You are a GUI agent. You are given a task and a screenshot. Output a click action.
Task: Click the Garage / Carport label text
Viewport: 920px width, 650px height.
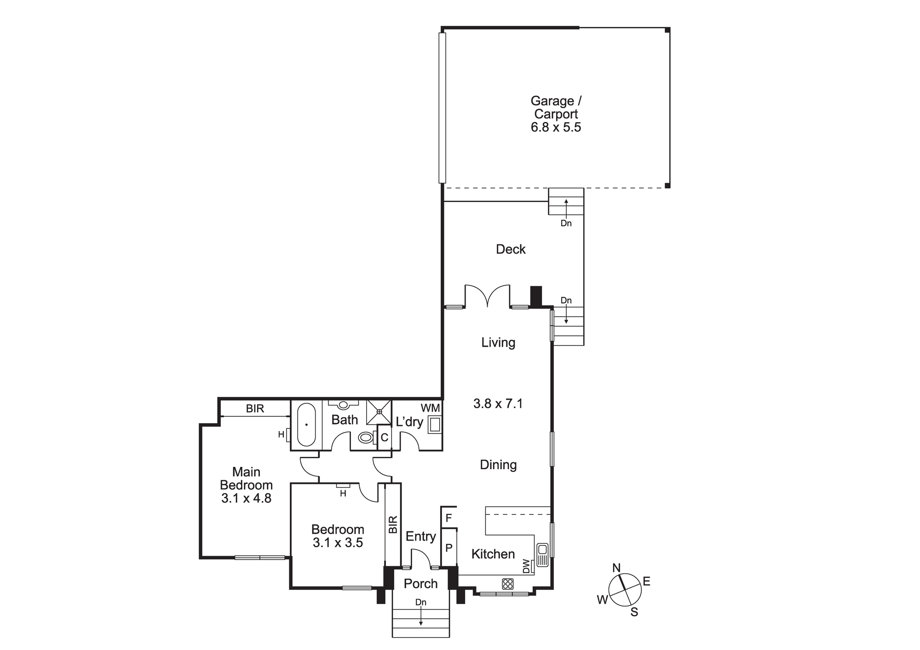[556, 107]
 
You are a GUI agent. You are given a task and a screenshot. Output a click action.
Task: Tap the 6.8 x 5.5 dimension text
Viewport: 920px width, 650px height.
[556, 127]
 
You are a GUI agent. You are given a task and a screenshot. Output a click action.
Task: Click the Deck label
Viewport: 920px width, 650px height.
[511, 249]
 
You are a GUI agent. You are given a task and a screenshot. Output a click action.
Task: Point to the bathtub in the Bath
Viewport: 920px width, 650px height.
[306, 425]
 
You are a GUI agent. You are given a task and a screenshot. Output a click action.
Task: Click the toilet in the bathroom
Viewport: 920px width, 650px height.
[366, 437]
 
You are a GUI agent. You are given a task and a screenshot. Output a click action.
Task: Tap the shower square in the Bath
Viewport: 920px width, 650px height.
[379, 412]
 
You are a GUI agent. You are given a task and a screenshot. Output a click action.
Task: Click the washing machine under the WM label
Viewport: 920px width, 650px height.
[435, 424]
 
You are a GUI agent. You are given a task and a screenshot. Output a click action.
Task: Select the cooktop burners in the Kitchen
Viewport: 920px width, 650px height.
[507, 584]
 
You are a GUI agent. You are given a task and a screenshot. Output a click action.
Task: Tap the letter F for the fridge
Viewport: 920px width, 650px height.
[448, 518]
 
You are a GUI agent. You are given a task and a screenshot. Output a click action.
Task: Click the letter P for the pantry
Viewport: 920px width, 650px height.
[449, 548]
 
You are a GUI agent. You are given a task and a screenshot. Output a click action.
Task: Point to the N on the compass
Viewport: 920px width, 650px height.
[616, 568]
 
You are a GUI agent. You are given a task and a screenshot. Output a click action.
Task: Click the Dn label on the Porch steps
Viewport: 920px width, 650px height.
[420, 602]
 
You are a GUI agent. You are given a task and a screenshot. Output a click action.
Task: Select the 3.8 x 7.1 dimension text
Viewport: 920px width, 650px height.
[498, 404]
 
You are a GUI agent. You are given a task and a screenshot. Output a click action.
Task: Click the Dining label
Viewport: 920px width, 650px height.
[498, 465]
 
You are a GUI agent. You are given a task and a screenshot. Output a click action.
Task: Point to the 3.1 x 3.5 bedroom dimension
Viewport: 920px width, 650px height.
[338, 543]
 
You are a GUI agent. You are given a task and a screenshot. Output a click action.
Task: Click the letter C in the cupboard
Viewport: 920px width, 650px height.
[385, 438]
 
